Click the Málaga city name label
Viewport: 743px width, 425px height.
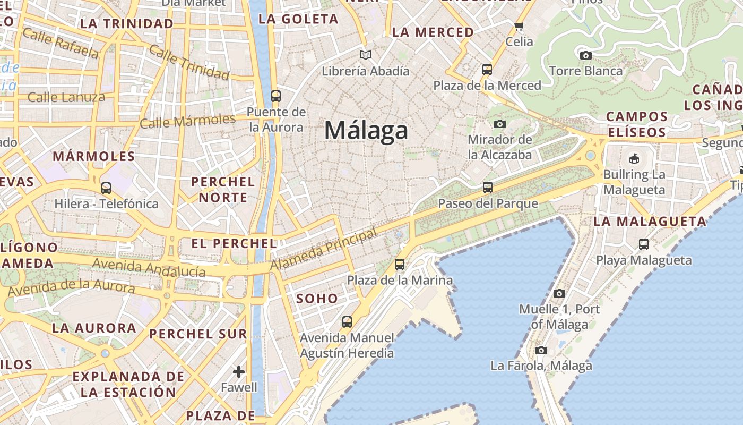point(366,131)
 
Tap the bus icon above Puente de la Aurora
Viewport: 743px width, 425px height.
point(275,96)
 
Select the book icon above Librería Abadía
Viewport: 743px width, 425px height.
point(365,55)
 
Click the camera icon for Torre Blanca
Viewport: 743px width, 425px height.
point(585,55)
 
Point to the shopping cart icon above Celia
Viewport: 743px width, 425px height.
point(519,26)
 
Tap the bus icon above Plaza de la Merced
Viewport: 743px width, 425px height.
point(487,70)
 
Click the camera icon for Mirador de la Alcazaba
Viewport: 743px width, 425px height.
point(499,124)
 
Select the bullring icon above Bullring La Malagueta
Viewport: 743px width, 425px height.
point(634,158)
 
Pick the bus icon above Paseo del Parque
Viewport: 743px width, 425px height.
point(487,188)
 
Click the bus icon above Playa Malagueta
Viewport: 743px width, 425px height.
point(644,244)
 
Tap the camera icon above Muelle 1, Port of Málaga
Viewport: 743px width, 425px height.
point(559,293)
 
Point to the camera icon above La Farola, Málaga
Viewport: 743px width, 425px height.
point(541,350)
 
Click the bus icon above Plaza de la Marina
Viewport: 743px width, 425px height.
point(400,264)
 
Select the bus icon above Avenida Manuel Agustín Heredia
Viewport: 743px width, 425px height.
point(347,321)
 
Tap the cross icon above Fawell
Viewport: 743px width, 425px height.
point(239,371)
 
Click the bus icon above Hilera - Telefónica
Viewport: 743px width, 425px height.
point(106,188)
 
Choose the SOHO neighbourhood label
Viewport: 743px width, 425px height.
point(317,299)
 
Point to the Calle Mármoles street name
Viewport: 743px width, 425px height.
point(188,121)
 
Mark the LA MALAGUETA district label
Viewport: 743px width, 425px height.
point(650,222)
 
